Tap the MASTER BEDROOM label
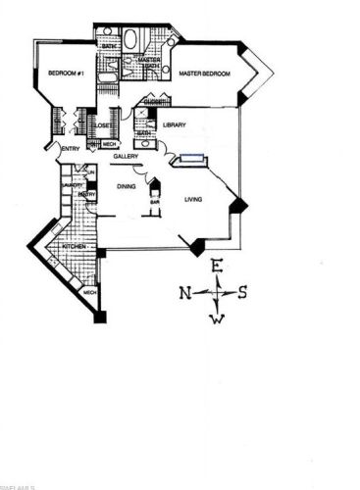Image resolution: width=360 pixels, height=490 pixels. pos(204,74)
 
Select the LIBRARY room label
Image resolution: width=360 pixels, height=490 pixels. pos(176,124)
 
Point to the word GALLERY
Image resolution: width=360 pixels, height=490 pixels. pos(125,157)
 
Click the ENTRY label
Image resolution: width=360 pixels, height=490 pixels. pos(70,149)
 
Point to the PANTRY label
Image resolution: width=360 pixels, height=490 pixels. pos(86,194)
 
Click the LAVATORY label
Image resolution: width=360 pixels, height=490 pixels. pos(70,184)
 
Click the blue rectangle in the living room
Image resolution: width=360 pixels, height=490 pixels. pos(190,158)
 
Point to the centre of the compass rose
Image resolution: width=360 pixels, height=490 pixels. pos(220,292)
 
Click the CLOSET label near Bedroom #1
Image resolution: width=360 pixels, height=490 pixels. pos(101,125)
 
